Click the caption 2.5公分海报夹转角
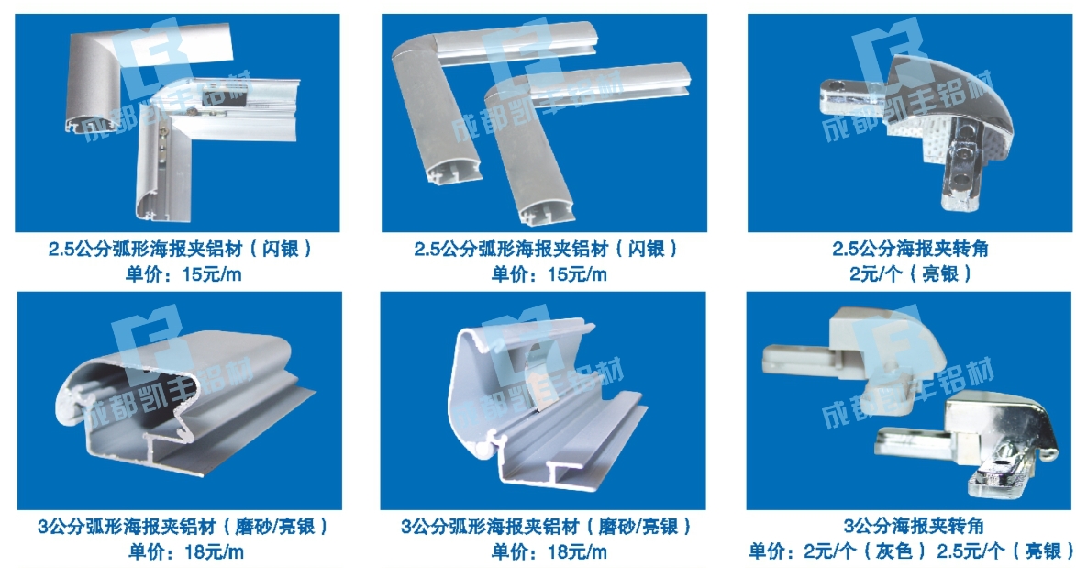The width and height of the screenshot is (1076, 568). coord(910,248)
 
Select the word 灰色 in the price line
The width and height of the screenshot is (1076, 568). coord(895,551)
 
